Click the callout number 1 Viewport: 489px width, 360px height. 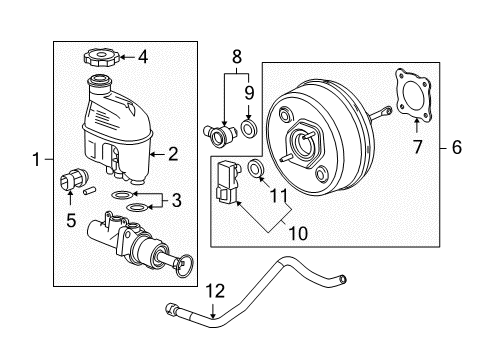[x=36, y=158]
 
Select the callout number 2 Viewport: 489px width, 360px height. [x=172, y=154]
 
